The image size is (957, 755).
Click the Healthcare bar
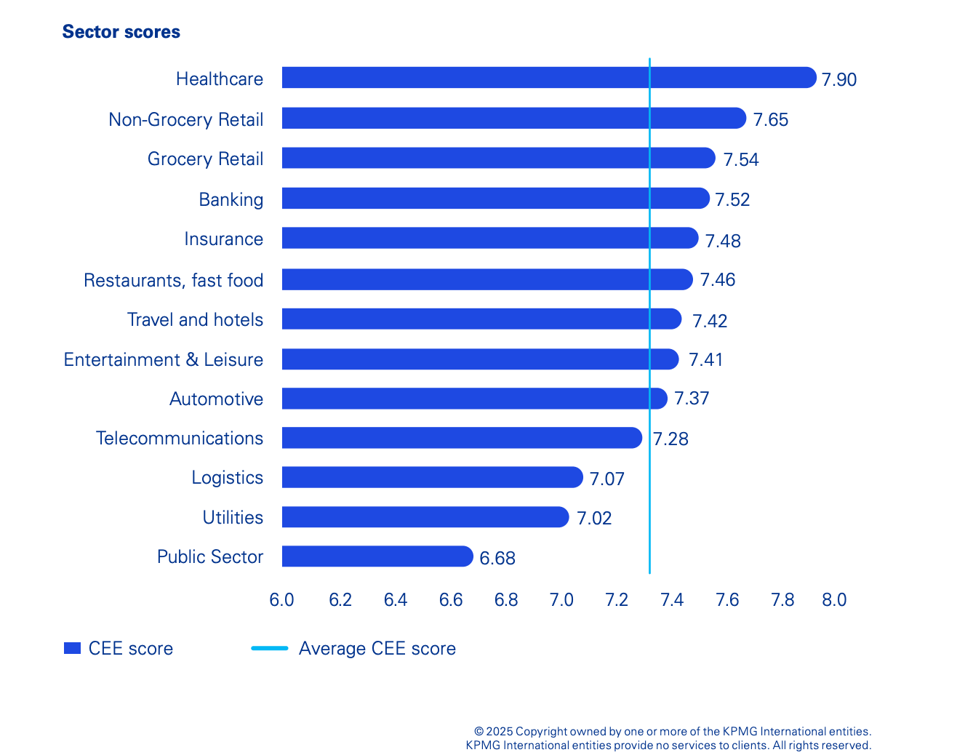coord(549,78)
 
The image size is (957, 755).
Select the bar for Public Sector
coord(377,556)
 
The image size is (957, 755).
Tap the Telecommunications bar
coord(462,438)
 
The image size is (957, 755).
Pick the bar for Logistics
coord(432,477)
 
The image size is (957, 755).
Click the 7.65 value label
coord(770,119)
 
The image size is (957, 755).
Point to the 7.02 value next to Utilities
coord(594,518)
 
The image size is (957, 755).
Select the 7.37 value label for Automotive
coord(691,399)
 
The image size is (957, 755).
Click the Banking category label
coord(231,199)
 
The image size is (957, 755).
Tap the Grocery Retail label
coord(205,159)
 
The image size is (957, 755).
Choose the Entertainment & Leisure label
coord(163,359)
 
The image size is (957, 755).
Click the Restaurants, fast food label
coord(173,280)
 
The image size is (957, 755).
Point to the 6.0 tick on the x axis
coord(281,600)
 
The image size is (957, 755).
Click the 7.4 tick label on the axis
coord(671,600)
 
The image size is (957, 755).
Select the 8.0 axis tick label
coord(834,600)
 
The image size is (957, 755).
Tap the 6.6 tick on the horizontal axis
coord(451,600)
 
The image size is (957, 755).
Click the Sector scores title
coord(121,32)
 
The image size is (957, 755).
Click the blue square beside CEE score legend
coord(72,648)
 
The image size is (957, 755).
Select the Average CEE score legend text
coord(377,648)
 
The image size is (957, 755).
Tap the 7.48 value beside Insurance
coord(723,241)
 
